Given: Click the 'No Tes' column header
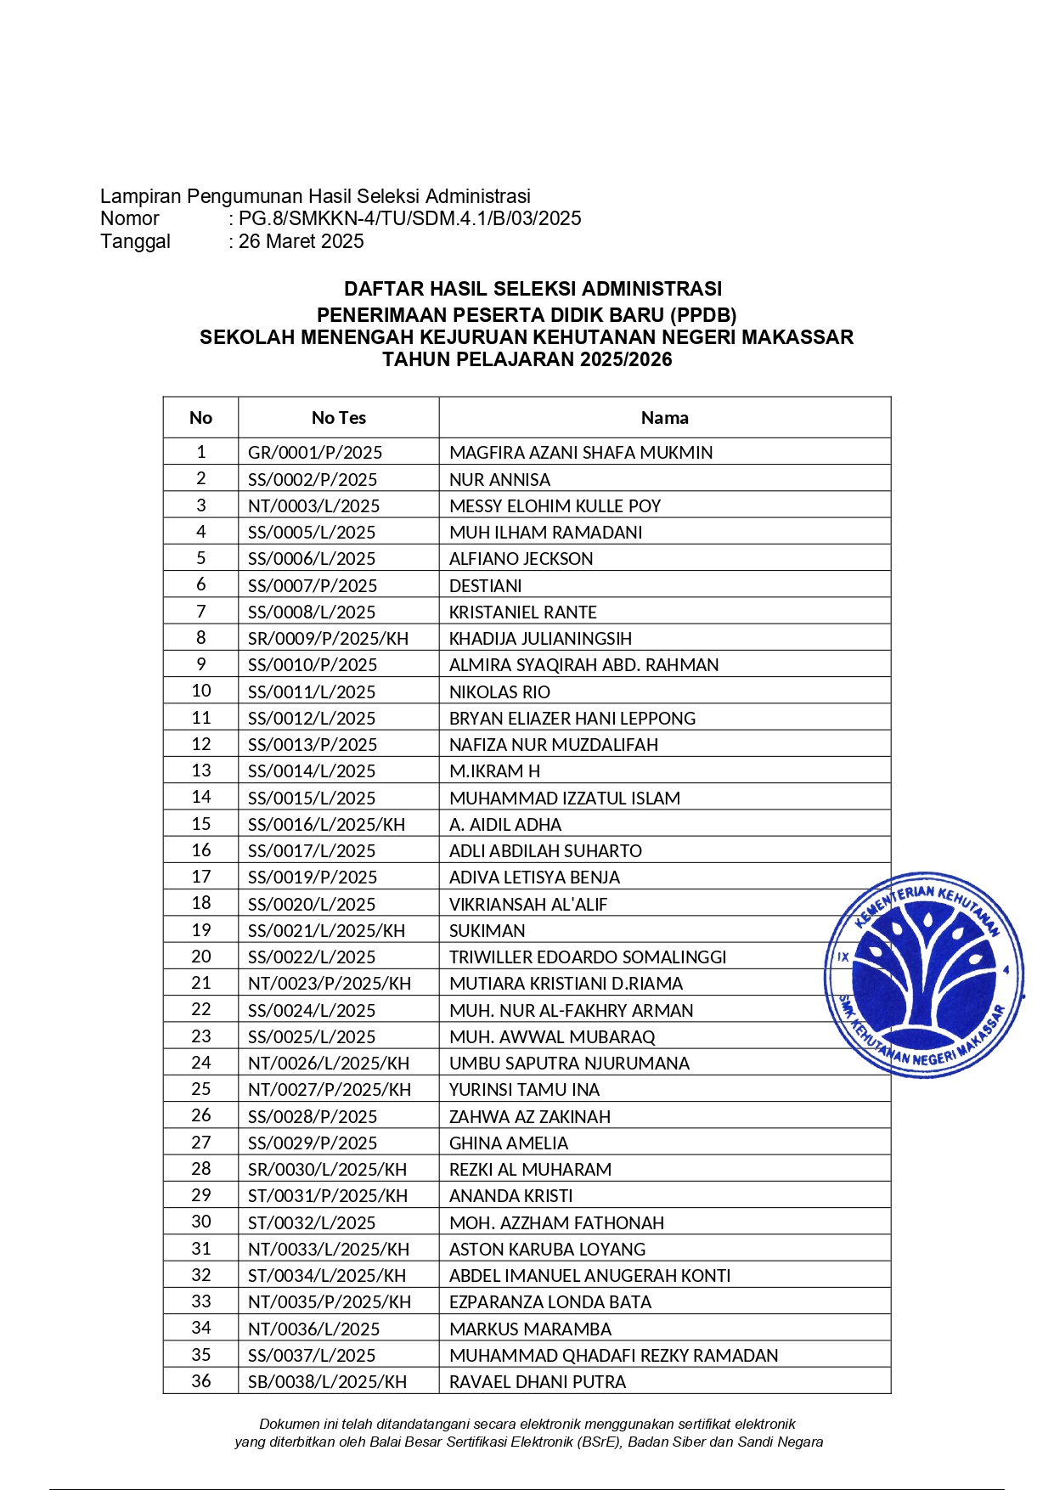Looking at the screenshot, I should pyautogui.click(x=338, y=418).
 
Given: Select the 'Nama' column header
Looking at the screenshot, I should pyautogui.click(x=664, y=418).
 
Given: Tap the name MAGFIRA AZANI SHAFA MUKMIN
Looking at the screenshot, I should pyautogui.click(x=581, y=453).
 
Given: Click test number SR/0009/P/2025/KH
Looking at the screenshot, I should pyautogui.click(x=328, y=639).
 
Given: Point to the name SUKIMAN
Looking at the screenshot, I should pyautogui.click(x=488, y=931).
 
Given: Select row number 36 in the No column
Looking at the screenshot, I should pyautogui.click(x=201, y=1381).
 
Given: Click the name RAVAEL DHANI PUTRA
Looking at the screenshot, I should pyautogui.click(x=538, y=1382).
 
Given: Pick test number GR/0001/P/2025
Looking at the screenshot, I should pyautogui.click(x=315, y=453).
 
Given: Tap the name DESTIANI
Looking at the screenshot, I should pyautogui.click(x=486, y=586).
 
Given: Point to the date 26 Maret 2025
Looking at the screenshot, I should pyautogui.click(x=301, y=241).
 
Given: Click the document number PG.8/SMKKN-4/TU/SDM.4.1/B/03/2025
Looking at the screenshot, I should pyautogui.click(x=409, y=218).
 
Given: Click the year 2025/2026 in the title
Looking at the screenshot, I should pyautogui.click(x=627, y=359).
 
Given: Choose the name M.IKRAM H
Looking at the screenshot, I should pyautogui.click(x=494, y=771).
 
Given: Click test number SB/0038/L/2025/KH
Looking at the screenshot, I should pyautogui.click(x=327, y=1382).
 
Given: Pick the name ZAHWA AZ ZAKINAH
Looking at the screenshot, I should pyautogui.click(x=530, y=1117).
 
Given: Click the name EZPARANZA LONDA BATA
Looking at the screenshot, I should pyautogui.click(x=550, y=1302).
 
